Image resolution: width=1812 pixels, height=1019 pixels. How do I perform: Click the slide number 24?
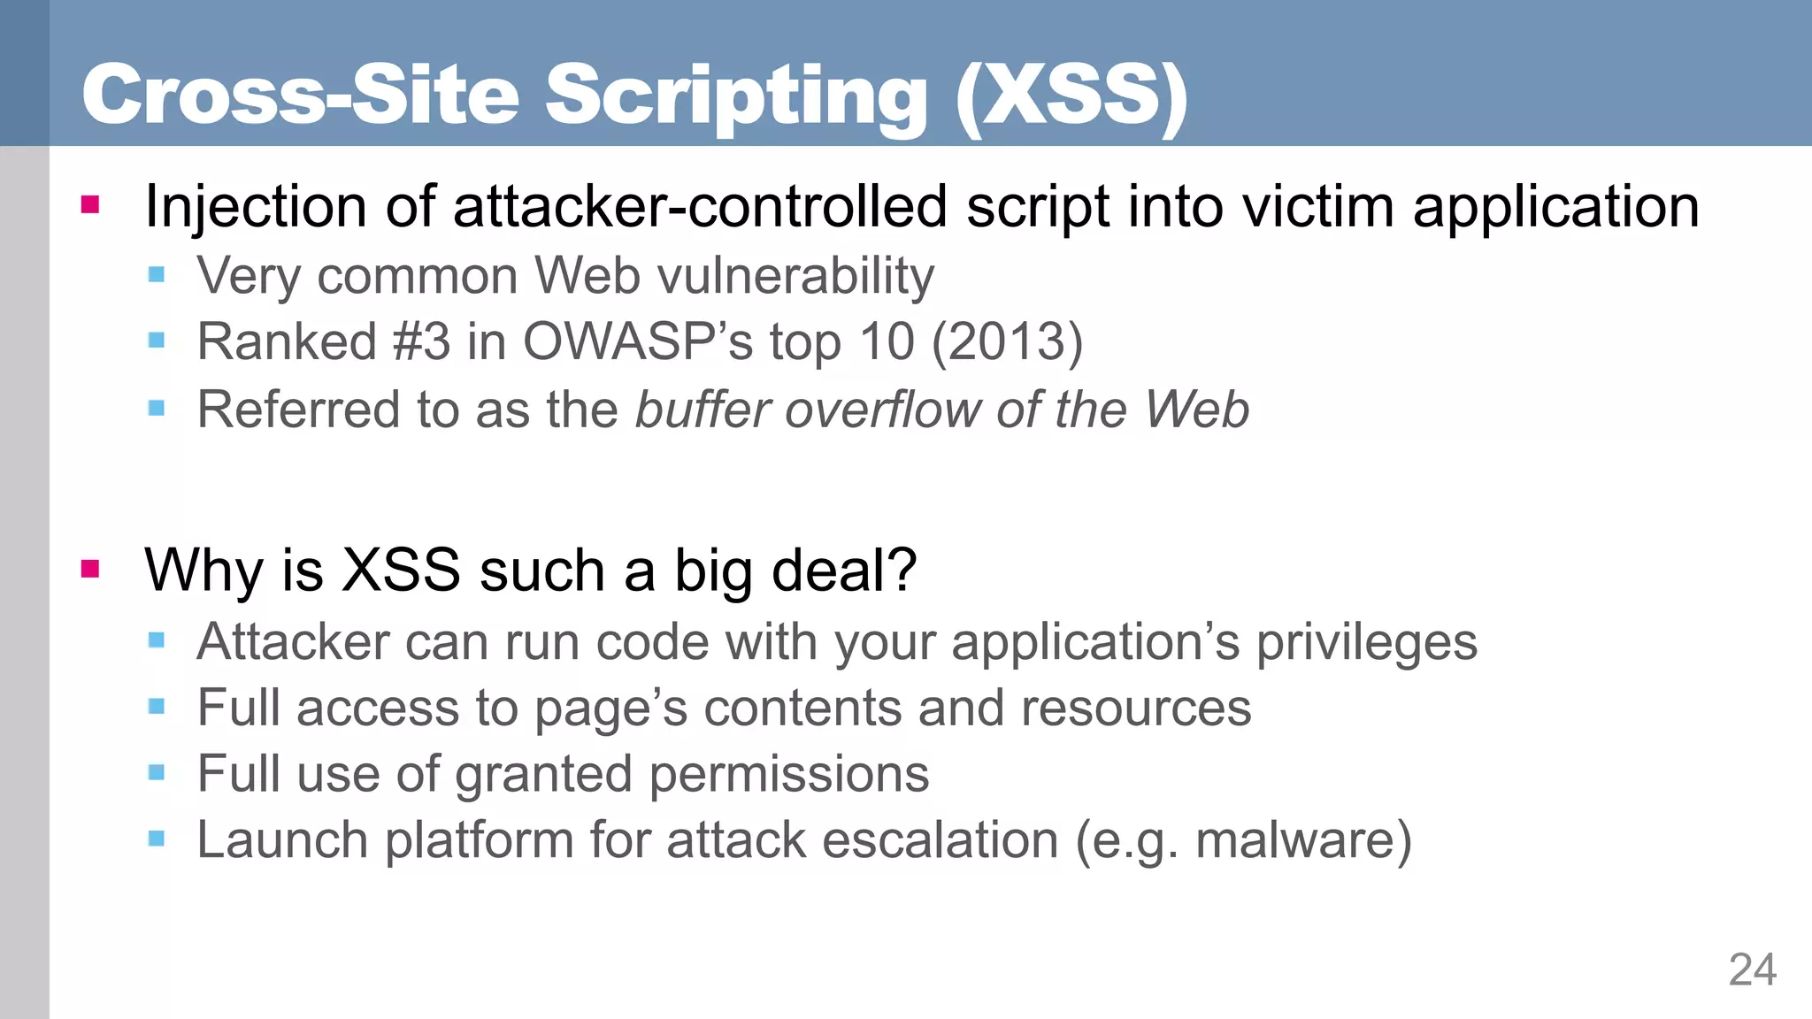1752,969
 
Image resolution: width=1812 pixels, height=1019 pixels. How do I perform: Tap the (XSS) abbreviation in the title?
1071,96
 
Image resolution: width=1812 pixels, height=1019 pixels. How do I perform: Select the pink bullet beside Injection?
90,205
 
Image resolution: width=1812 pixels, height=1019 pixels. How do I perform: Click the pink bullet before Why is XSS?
90,568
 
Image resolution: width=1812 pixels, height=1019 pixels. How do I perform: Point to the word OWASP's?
638,341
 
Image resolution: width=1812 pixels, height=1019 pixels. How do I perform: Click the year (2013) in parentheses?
1008,341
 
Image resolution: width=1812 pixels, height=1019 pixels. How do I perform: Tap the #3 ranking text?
421,341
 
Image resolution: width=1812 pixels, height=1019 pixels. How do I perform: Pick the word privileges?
1367,642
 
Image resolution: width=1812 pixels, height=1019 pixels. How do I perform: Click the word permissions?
789,774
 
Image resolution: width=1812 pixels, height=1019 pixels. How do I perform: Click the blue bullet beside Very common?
157,275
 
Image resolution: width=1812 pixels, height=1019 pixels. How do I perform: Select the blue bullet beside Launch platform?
157,839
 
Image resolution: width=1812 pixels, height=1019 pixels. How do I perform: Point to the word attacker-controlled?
701,207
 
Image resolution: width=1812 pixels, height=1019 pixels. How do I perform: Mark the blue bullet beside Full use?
157,773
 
